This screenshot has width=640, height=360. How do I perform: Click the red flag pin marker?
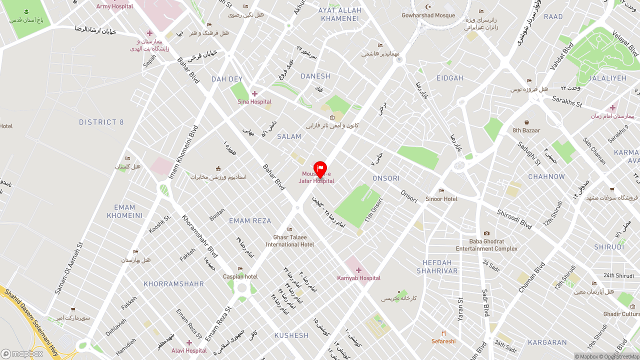click(320, 169)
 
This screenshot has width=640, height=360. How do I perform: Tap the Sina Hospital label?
click(254, 102)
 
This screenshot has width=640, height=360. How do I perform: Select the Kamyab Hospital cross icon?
click(358, 270)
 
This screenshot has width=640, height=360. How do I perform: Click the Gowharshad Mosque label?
click(428, 15)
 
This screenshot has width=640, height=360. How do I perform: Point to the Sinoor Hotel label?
click(441, 199)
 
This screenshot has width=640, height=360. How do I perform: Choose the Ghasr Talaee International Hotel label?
click(290, 241)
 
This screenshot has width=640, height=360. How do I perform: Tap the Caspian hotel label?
click(240, 276)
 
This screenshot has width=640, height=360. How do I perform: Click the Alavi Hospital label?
click(189, 350)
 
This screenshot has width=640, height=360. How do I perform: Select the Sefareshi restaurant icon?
click(443, 333)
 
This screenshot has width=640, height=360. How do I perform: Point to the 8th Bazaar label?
click(526, 130)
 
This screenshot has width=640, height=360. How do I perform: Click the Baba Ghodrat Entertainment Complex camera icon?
click(486, 233)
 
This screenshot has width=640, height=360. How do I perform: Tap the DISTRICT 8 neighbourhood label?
click(101, 122)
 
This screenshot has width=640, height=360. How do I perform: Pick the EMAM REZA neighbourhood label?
click(250, 221)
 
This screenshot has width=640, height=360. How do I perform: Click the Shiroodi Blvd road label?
click(514, 219)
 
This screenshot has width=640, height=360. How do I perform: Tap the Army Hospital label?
click(114, 6)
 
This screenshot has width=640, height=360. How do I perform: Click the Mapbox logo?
click(22, 353)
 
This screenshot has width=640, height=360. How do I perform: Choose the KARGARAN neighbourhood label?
click(547, 343)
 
